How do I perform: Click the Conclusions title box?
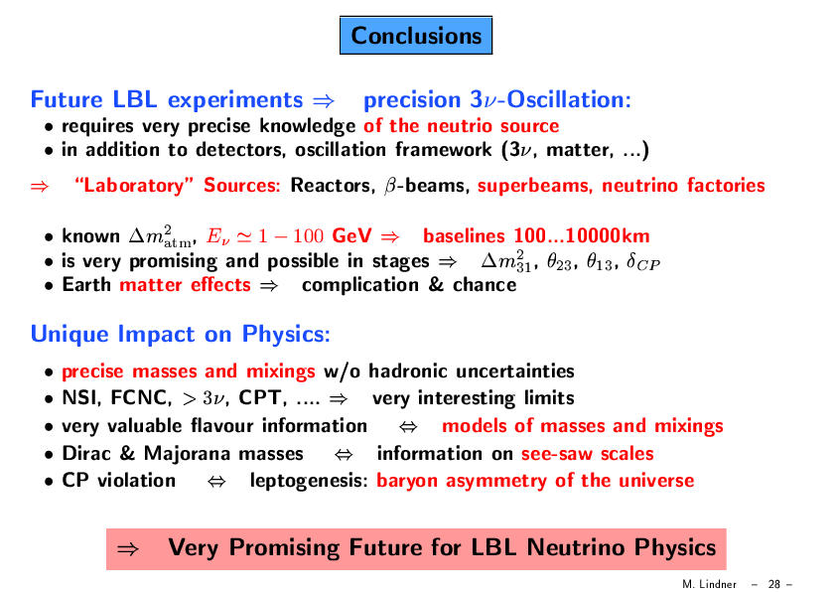416,35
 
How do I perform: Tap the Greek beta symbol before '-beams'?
390,187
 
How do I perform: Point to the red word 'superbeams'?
535,186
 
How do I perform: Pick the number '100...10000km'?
582,235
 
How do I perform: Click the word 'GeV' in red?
351,235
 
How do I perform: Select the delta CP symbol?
643,262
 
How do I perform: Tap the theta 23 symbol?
560,262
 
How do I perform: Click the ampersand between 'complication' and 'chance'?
436,284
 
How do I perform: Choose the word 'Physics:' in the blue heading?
286,335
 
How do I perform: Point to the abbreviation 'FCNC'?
141,398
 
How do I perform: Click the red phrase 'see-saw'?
557,454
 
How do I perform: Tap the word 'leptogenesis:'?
309,481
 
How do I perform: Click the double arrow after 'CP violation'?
216,482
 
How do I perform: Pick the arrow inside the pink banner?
128,549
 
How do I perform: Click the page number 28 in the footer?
774,584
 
